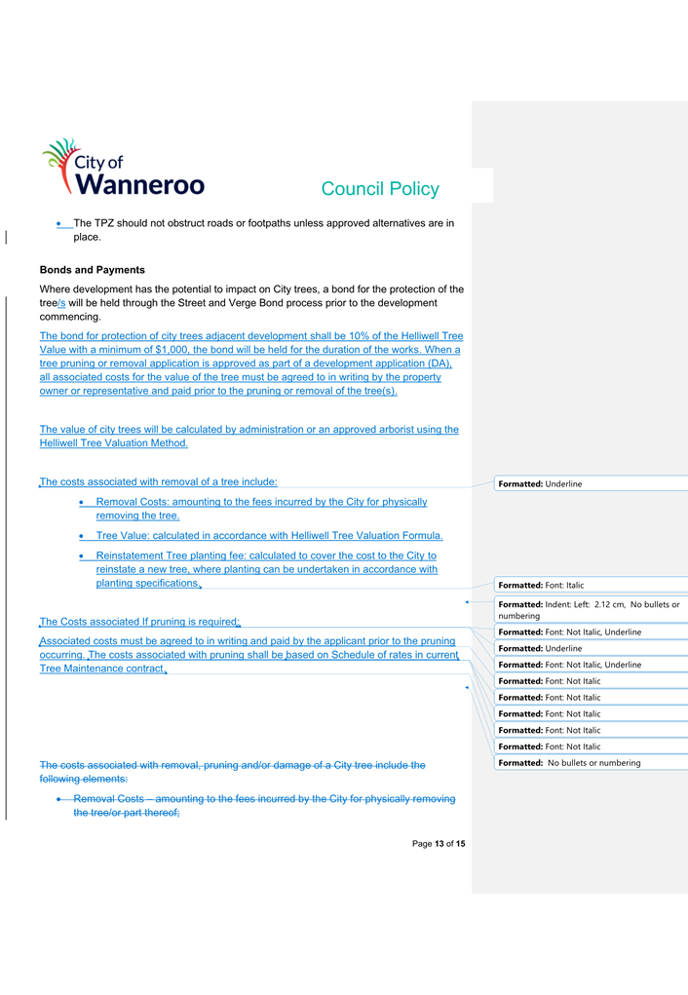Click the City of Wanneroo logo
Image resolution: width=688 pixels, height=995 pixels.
point(122,169)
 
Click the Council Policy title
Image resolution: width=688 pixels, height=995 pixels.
point(379,189)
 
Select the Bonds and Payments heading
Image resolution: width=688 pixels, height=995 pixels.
point(92,270)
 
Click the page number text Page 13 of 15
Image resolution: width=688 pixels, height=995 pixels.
point(439,843)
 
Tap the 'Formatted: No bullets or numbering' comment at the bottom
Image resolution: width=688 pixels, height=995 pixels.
point(569,762)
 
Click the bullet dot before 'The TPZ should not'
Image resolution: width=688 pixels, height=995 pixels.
point(60,224)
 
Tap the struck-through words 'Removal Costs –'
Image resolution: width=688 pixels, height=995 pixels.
point(113,799)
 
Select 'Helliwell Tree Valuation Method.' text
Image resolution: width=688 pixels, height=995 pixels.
point(113,443)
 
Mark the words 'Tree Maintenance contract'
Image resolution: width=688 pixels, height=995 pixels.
point(100,670)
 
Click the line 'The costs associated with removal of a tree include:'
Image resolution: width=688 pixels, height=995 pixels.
point(158,481)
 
